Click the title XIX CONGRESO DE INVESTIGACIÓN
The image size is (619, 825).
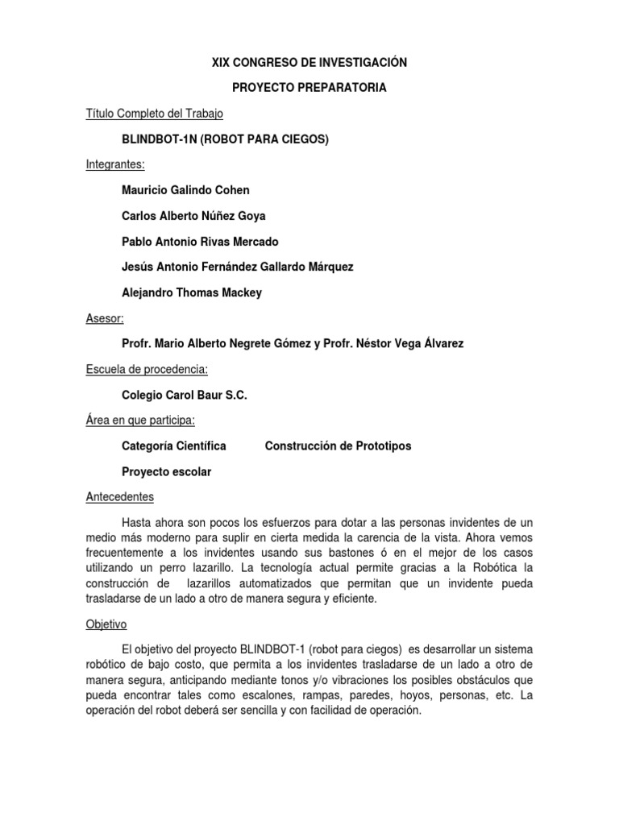309,62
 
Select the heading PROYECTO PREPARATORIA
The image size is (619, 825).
309,88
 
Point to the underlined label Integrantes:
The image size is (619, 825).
115,164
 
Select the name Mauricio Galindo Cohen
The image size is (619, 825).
185,190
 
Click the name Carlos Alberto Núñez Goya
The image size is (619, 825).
193,216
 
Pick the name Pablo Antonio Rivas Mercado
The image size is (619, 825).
200,241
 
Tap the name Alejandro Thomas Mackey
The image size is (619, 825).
191,292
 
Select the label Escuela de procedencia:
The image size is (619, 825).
147,369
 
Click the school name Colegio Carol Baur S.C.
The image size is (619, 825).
185,395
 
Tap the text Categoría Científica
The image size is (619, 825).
173,446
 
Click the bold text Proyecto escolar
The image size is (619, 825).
166,471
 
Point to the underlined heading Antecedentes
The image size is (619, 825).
119,496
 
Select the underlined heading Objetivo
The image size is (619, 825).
106,624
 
